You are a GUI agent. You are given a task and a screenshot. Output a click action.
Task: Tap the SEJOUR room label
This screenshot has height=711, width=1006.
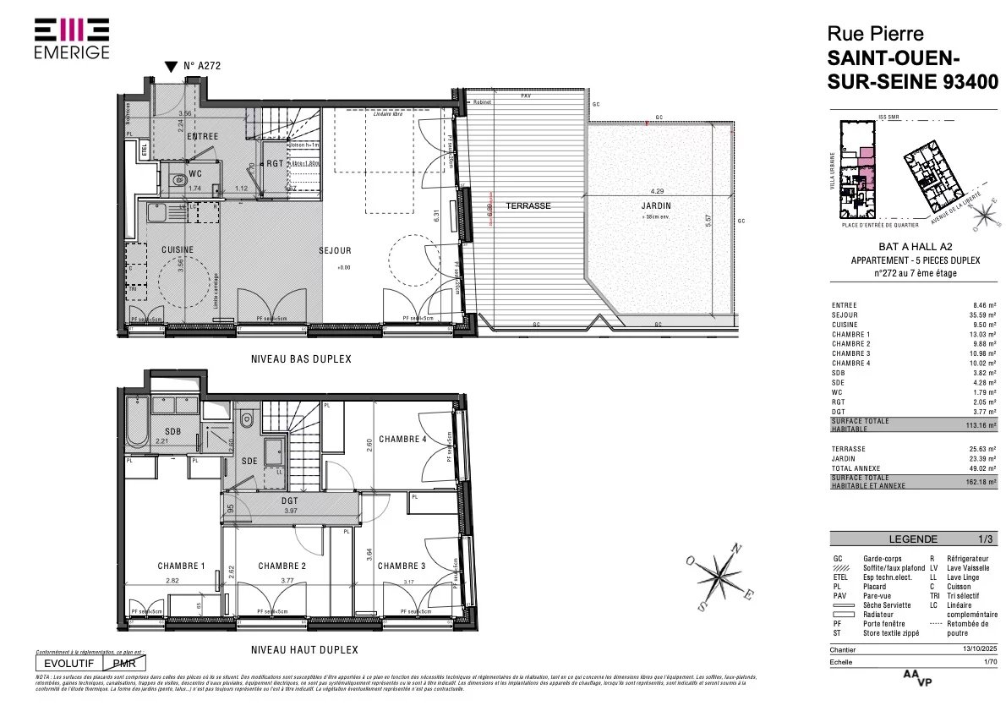click(335, 250)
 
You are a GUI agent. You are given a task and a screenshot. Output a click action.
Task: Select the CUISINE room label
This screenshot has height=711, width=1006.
click(178, 249)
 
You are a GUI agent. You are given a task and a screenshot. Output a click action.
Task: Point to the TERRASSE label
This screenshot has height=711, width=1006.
click(528, 205)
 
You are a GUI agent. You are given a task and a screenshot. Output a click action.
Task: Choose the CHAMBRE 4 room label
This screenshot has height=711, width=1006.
click(403, 439)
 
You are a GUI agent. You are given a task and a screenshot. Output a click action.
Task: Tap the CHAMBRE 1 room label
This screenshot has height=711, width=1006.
click(181, 566)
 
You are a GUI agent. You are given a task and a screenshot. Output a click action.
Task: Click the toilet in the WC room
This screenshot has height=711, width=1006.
click(178, 179)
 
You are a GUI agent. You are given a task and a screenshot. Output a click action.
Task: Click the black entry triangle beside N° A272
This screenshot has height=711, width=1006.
click(171, 66)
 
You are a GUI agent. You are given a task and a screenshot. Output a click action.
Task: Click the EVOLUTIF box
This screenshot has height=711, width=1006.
click(71, 665)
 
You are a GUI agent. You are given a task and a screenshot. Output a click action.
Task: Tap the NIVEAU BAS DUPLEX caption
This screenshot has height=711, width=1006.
click(301, 359)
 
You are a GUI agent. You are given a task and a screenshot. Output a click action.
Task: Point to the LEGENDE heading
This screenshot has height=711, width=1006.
click(913, 539)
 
